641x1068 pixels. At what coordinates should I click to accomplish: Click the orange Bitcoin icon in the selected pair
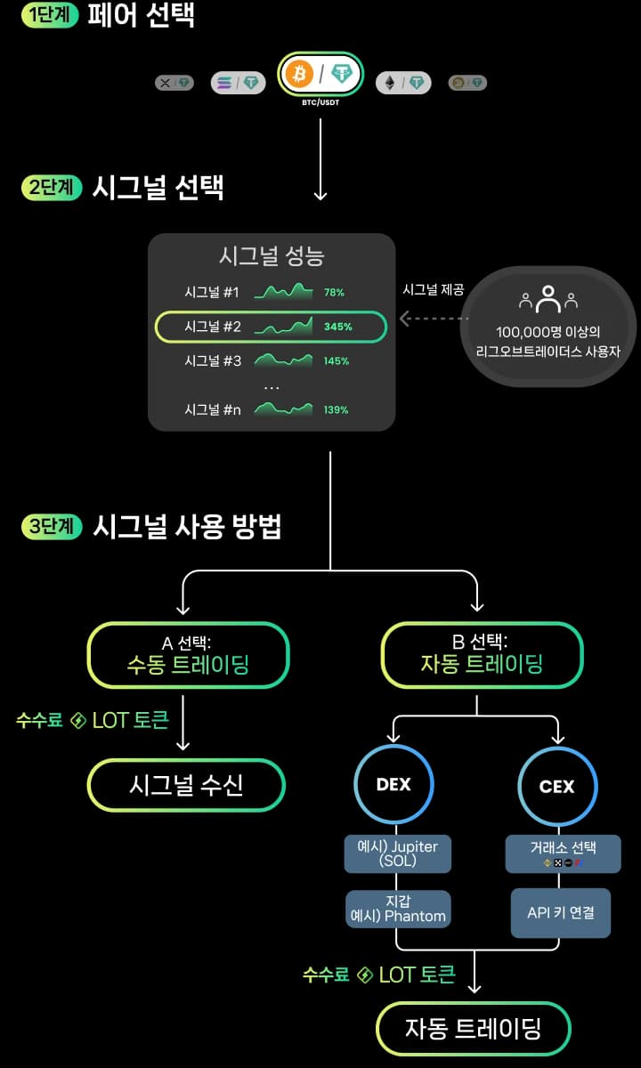point(300,75)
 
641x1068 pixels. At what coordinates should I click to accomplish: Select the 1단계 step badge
point(50,15)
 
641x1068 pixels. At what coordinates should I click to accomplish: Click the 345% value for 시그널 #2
point(338,327)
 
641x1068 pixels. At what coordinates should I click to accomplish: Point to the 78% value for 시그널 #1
point(334,292)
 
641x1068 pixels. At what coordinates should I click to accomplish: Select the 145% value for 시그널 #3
point(337,361)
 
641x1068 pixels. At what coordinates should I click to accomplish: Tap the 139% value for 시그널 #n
point(337,409)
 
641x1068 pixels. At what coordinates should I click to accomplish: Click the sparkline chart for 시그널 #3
point(283,360)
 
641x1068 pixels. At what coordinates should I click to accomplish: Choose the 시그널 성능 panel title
point(272,256)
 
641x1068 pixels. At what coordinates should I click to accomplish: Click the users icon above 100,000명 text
point(548,299)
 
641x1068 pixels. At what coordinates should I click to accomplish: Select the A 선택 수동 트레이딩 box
point(188,655)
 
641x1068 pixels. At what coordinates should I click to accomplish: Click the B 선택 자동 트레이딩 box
point(482,655)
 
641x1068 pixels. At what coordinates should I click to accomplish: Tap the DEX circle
point(393,785)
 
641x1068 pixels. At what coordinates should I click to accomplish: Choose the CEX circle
point(557,786)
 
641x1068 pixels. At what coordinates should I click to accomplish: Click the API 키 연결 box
point(561,912)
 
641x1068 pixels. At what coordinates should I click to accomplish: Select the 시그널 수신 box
point(186,785)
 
